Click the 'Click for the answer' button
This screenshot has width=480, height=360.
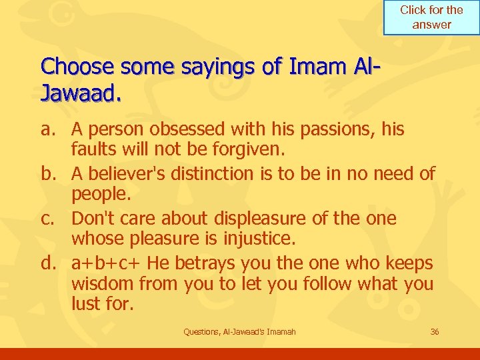tap(431, 17)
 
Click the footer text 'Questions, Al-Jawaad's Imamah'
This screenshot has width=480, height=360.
tap(239, 331)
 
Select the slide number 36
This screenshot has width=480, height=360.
tap(435, 331)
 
